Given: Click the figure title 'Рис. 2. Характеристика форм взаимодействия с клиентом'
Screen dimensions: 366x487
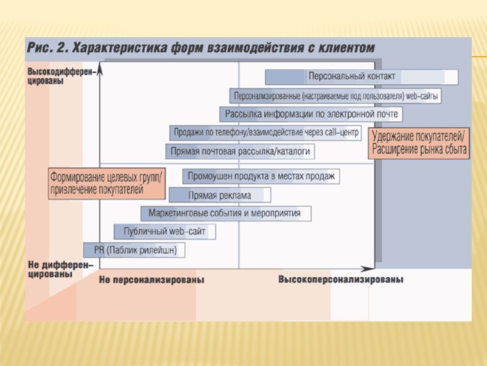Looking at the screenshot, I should point(200,47).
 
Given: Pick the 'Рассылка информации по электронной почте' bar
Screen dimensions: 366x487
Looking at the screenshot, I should point(310,114).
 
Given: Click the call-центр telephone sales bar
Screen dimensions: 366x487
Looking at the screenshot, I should point(267,132).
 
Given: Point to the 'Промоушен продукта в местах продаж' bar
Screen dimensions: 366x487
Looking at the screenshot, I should point(261,176).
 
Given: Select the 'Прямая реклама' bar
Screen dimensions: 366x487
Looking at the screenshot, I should point(220,195).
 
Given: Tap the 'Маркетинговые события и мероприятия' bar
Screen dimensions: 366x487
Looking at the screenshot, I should point(225,213).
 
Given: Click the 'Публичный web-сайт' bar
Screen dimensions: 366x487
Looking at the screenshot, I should point(165,232).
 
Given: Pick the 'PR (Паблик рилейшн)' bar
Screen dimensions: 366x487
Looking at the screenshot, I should point(135,250).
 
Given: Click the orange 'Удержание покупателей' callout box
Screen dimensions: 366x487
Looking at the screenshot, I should point(419,142).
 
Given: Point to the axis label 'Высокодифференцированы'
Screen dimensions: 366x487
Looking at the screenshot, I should point(61,76).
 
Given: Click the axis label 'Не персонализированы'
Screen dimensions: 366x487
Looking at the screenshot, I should point(152,280).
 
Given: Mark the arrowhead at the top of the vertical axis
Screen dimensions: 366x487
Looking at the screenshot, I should point(100,68).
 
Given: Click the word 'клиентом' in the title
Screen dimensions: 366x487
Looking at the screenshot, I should point(346,47).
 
